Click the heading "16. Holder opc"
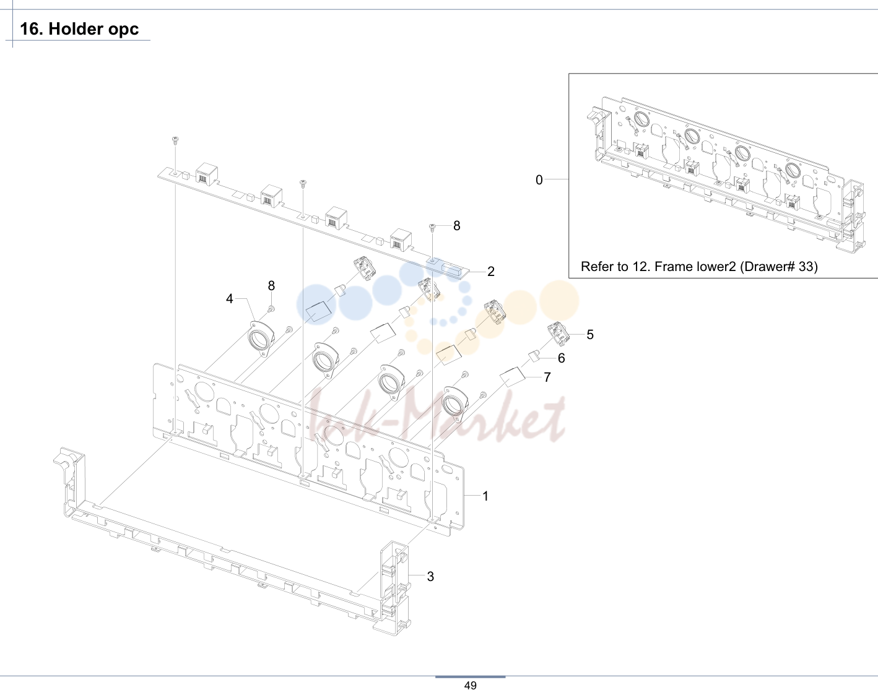(x=79, y=29)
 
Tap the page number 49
(x=470, y=686)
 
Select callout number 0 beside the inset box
(x=539, y=180)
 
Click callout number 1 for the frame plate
(x=485, y=496)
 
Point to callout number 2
(x=491, y=272)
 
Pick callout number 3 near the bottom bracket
(x=430, y=576)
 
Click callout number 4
(x=229, y=299)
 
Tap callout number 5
(x=590, y=335)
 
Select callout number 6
(x=562, y=358)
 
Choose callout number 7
(x=547, y=377)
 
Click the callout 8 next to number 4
(x=271, y=286)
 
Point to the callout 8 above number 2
(x=457, y=226)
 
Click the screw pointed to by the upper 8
(x=432, y=228)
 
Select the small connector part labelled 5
(x=558, y=334)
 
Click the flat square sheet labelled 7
(x=513, y=377)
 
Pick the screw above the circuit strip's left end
(x=175, y=140)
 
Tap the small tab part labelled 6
(x=534, y=356)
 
